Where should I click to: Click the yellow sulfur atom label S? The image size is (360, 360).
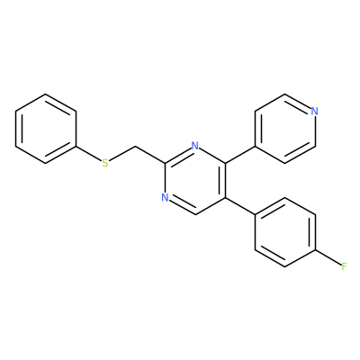(x=105, y=164)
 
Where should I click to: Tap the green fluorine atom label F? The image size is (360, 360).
(x=344, y=266)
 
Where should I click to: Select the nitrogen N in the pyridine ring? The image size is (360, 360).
(x=314, y=112)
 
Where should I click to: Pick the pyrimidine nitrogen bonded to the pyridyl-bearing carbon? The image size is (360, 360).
(x=195, y=146)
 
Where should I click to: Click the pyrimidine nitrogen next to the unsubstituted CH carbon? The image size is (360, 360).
(x=165, y=198)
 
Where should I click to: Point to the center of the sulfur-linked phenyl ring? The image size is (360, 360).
(x=46, y=129)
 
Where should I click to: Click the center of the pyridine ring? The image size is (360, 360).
(x=285, y=129)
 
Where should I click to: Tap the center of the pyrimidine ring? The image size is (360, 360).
(x=195, y=181)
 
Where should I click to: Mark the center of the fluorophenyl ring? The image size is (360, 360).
(x=285, y=232)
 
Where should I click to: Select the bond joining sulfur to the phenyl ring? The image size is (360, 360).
(x=88, y=154)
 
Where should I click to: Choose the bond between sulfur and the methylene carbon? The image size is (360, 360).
(x=121, y=154)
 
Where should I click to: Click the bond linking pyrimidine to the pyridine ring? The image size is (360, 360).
(x=240, y=155)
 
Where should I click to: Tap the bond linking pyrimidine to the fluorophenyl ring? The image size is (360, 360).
(x=240, y=206)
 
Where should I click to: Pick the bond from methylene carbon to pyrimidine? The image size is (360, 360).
(x=150, y=155)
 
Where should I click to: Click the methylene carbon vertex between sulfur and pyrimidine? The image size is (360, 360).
(x=135, y=147)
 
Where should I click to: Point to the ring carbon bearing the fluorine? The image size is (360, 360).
(x=315, y=249)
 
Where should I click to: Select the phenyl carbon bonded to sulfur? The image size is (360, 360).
(x=76, y=147)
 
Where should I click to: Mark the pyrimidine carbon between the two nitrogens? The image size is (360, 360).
(x=166, y=163)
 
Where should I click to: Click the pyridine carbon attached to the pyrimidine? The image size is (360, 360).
(x=256, y=147)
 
